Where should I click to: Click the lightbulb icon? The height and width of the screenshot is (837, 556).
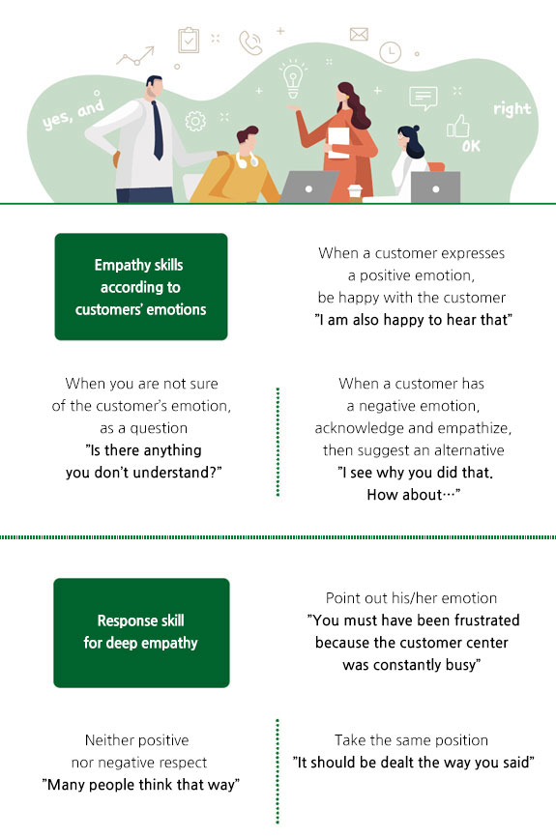tap(293, 79)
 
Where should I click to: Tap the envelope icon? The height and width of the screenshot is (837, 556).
tap(359, 34)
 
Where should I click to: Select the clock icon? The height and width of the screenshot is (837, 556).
tap(391, 52)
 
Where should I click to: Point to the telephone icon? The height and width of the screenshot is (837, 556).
tap(250, 43)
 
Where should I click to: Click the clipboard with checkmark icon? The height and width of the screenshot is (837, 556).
tap(189, 40)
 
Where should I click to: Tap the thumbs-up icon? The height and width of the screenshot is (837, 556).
tap(457, 126)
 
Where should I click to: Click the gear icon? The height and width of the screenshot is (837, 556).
tap(195, 121)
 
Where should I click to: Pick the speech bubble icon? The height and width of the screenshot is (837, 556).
tap(423, 98)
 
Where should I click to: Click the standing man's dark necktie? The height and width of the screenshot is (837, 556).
tap(157, 130)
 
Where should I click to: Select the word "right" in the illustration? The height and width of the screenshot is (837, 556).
tap(512, 109)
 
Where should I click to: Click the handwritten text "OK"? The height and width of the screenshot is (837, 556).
tap(471, 146)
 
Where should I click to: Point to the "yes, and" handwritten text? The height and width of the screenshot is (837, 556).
tap(73, 115)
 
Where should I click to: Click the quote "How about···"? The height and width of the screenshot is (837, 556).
tap(413, 495)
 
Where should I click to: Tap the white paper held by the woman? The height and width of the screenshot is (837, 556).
tap(338, 142)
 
